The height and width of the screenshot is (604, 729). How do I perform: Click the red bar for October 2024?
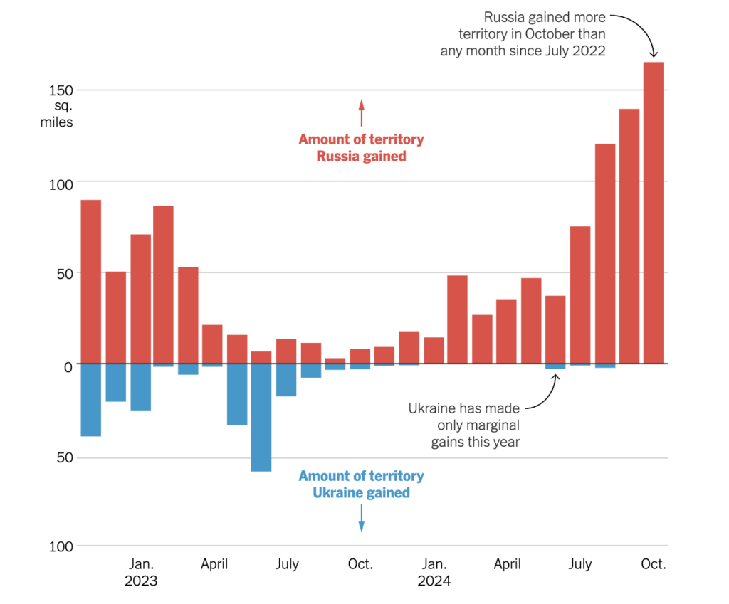pyautogui.click(x=653, y=213)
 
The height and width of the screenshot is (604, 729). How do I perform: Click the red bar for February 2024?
pyautogui.click(x=457, y=319)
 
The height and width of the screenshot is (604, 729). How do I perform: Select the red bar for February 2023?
pyautogui.click(x=163, y=285)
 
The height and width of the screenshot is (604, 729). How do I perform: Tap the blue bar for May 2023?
pyautogui.click(x=237, y=395)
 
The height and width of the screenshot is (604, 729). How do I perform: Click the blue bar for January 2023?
pyautogui.click(x=140, y=388)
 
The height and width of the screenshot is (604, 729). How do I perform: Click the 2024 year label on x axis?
pyautogui.click(x=434, y=581)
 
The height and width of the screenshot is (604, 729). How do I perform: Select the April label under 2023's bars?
pyautogui.click(x=214, y=565)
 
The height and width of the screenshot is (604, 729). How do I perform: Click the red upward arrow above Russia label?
pyautogui.click(x=361, y=112)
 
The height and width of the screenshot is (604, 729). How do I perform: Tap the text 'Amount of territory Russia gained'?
pyautogui.click(x=361, y=148)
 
